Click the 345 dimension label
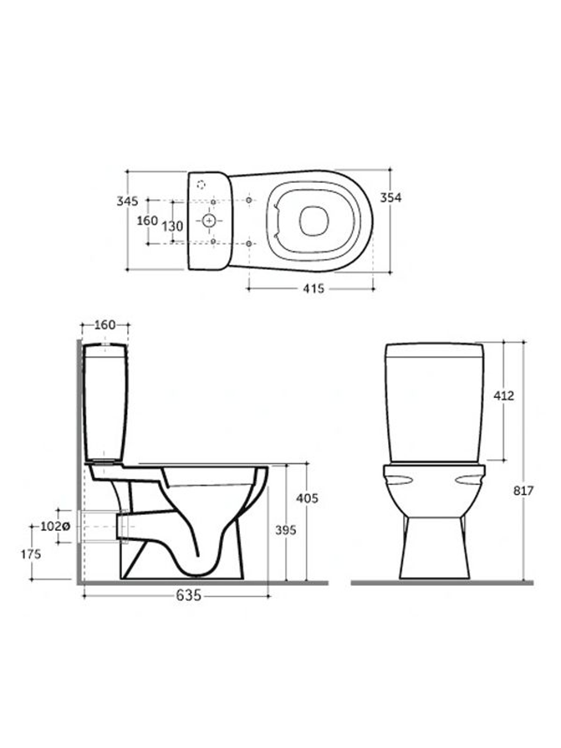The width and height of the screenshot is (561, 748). pyautogui.click(x=127, y=201)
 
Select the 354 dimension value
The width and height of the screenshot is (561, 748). pyautogui.click(x=390, y=198)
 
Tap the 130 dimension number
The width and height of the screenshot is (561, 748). pyautogui.click(x=172, y=226)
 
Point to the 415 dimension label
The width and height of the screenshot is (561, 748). pyautogui.click(x=314, y=288)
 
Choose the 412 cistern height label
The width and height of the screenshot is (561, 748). pyautogui.click(x=504, y=396)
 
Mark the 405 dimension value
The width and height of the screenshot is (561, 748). pyautogui.click(x=307, y=498)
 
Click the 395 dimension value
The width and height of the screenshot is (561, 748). pyautogui.click(x=286, y=530)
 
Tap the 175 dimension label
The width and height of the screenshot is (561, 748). pyautogui.click(x=31, y=554)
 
